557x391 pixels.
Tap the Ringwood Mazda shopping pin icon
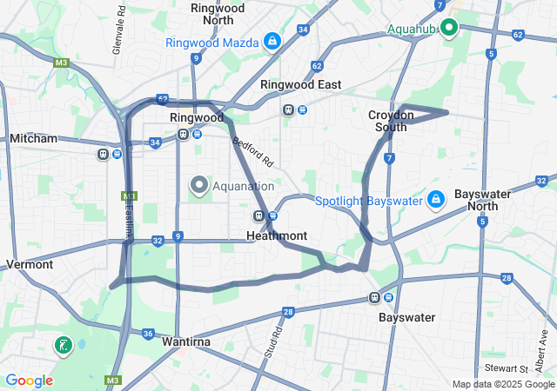coord(272,41)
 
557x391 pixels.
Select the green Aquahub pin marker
coord(449,28)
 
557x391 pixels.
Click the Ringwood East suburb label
coord(300,85)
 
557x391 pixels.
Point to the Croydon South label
coord(387,121)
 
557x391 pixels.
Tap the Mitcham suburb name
coord(33,138)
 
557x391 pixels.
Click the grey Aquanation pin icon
coord(199,185)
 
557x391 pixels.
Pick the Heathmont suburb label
coord(276,235)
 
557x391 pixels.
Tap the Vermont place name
coord(30,264)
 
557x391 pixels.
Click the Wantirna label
coord(185,342)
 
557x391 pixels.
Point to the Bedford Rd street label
coord(252,149)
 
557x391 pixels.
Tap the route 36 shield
coord(149,334)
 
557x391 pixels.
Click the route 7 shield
coord(389,158)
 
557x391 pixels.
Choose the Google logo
coord(29,381)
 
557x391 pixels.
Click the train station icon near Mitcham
coord(104,155)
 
